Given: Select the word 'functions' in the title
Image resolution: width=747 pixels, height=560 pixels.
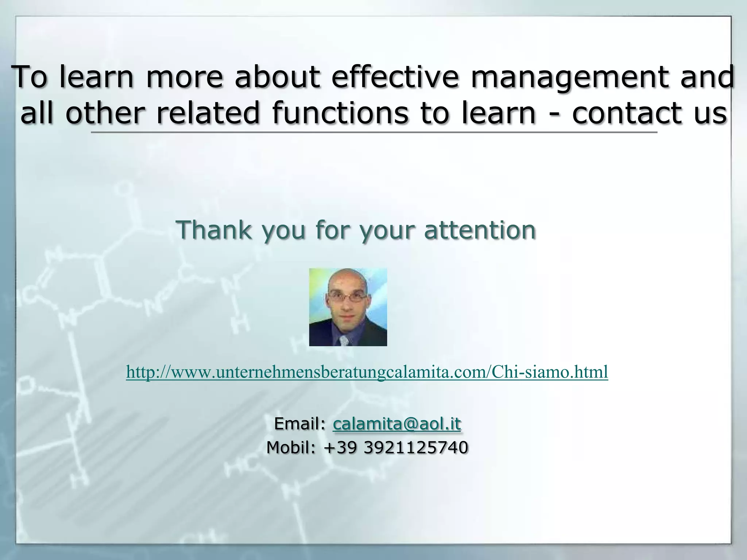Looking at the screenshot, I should click(x=340, y=113).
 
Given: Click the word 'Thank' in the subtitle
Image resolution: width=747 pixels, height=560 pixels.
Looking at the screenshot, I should click(x=214, y=230).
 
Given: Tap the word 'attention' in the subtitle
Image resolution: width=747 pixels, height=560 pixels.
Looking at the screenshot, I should click(x=480, y=230).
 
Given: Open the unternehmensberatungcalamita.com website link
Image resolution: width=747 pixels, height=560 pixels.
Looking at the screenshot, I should click(x=367, y=372).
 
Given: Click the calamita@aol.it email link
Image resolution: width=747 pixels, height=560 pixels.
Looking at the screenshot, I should click(x=397, y=424).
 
